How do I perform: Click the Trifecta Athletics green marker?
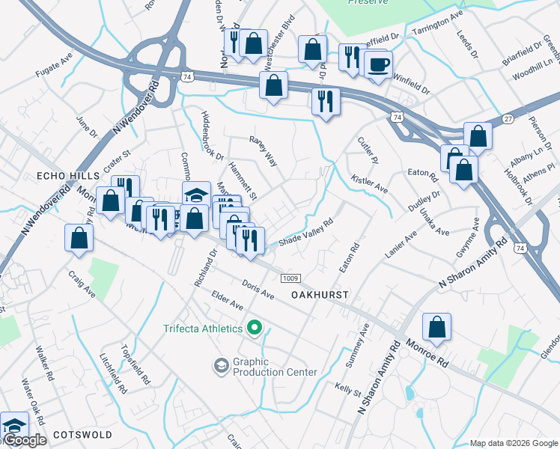click(x=255, y=329)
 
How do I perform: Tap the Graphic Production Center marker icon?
click(x=221, y=365)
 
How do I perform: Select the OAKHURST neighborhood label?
click(x=320, y=295)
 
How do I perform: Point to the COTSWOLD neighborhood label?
click(x=82, y=435)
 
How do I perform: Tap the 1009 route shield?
click(x=291, y=278)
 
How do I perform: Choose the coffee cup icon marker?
click(x=379, y=64)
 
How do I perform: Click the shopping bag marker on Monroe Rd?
click(x=436, y=327)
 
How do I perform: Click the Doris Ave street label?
click(x=259, y=289)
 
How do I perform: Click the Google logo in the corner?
click(x=25, y=440)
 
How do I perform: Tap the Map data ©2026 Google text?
click(x=514, y=444)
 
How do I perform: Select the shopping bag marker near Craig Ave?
click(x=79, y=238)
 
